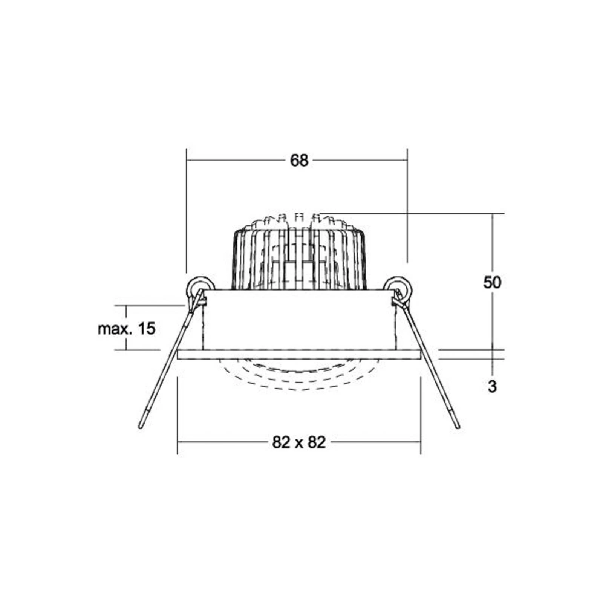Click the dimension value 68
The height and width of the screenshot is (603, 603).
click(299, 161)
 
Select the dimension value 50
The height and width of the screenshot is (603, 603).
click(492, 282)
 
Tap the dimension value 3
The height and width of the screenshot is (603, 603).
click(492, 386)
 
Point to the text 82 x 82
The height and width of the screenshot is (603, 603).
click(299, 442)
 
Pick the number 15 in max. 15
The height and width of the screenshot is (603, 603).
click(147, 329)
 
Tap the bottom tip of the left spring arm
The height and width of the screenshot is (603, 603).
click(140, 427)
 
